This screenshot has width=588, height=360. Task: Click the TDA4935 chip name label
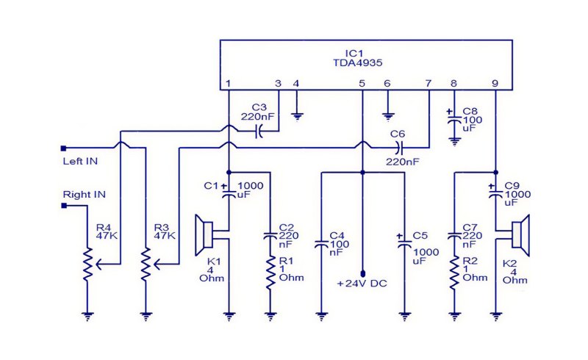358,62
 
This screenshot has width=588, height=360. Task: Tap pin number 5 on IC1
362,83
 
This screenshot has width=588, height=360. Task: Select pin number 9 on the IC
495,83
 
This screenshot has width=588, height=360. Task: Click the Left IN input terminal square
63,148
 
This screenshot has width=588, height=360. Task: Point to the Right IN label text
84,195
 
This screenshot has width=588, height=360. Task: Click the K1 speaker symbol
205,235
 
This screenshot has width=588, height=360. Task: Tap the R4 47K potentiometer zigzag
87,264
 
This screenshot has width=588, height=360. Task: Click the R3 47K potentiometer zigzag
146,264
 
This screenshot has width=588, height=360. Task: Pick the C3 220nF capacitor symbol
259,132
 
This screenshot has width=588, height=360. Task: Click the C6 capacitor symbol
399,148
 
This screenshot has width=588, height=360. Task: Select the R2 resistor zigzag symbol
454,273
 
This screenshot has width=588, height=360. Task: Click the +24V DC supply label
362,284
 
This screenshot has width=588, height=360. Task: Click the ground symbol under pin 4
298,118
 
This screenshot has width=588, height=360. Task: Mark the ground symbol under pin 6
388,118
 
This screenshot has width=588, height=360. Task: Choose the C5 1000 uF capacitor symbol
405,242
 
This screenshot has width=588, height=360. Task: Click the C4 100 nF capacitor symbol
321,244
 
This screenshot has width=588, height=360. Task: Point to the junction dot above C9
495,173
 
